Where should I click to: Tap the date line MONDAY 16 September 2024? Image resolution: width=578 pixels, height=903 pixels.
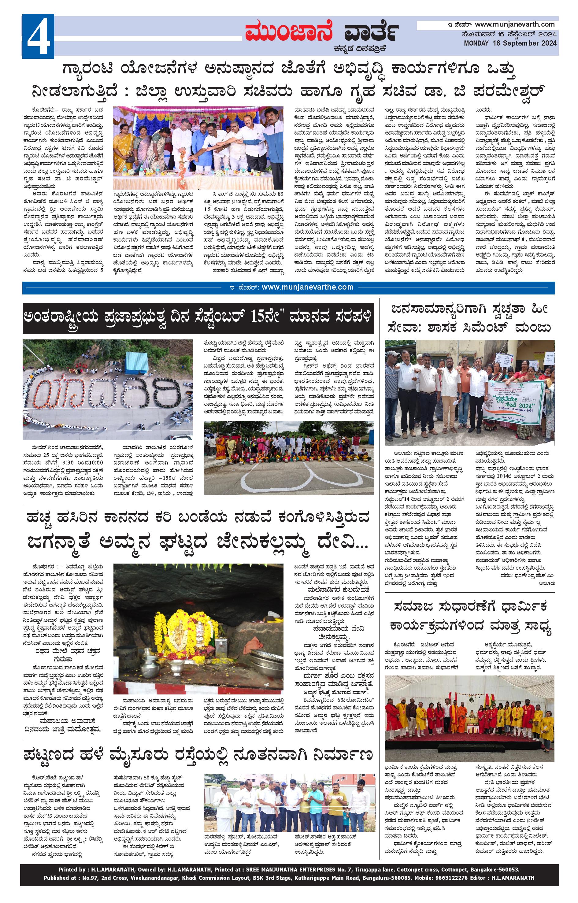tap(510, 43)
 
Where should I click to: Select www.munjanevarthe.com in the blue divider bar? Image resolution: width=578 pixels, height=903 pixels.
tap(307, 287)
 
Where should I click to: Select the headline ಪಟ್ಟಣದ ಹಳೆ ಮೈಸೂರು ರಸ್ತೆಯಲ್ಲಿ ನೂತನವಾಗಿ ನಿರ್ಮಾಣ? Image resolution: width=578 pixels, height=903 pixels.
tap(198, 755)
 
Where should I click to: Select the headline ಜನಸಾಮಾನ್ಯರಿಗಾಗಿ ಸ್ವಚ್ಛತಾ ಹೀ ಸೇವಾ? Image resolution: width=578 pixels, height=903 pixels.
tap(469, 319)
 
